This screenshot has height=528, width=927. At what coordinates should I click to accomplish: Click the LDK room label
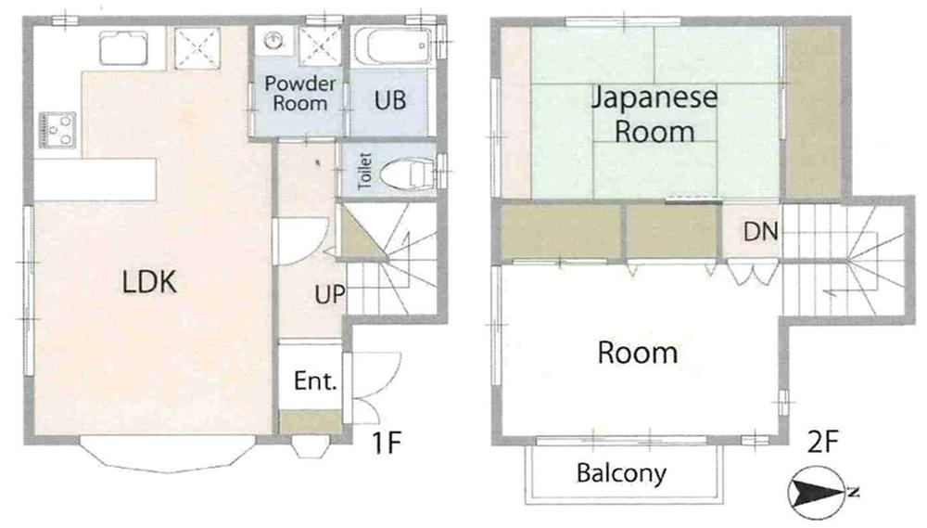[149, 282]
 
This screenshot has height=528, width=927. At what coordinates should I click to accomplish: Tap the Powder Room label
[299, 94]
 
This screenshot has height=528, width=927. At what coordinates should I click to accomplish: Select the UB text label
[390, 100]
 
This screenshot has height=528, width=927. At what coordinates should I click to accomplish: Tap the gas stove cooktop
[57, 130]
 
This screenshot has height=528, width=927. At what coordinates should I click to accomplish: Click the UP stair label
[329, 294]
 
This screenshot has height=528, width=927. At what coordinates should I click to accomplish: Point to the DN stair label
[760, 231]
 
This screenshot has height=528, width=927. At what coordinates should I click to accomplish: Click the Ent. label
[315, 380]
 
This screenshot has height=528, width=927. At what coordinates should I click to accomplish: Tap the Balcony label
[621, 473]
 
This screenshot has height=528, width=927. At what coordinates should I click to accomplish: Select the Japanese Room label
[654, 114]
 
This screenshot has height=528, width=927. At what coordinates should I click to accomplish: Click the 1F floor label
[387, 442]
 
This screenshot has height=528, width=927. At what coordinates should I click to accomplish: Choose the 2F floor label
[823, 441]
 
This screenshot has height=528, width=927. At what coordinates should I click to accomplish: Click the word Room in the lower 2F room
[638, 353]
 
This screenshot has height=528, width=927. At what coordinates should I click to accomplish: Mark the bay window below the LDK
[168, 455]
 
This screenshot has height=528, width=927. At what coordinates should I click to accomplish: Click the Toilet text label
[364, 171]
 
